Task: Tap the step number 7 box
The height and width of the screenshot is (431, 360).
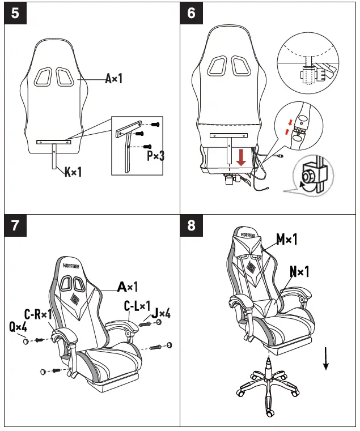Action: [15, 225]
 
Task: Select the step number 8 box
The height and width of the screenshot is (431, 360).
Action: [191, 225]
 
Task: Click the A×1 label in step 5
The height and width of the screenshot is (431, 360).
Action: [113, 79]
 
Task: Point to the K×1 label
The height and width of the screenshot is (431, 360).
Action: [73, 171]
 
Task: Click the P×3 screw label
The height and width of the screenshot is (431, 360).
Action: [155, 156]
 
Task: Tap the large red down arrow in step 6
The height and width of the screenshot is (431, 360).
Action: [241, 157]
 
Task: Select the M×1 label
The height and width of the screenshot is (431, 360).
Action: [287, 240]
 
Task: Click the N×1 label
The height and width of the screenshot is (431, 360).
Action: [299, 272]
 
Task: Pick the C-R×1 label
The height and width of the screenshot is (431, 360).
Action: [37, 314]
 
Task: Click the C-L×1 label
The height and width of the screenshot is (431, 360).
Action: [137, 306]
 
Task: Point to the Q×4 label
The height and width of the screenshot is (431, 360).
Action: [18, 327]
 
